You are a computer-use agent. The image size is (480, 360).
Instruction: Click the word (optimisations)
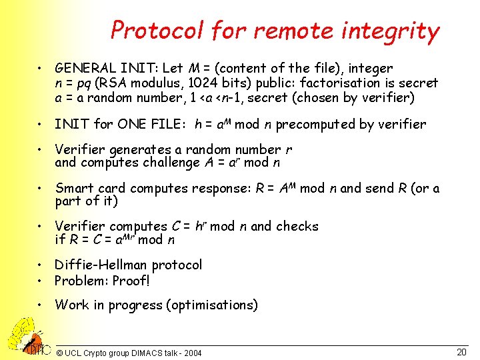pyautogui.click(x=213, y=305)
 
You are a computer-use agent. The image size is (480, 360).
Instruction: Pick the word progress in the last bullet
pyautogui.click(x=137, y=305)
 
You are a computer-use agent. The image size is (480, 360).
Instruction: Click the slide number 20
pyautogui.click(x=461, y=351)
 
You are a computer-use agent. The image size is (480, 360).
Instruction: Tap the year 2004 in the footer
pyautogui.click(x=190, y=353)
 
